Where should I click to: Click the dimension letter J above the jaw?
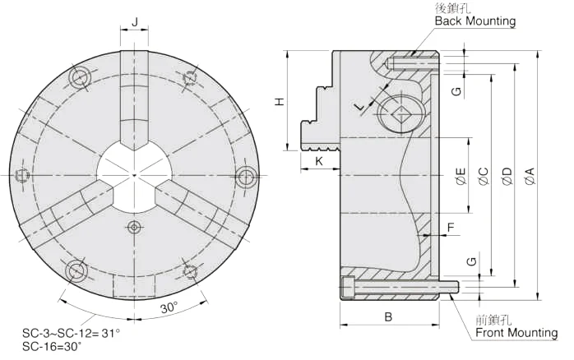tap(135, 22)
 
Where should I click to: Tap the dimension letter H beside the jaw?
tap(280, 102)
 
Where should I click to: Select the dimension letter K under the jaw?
tap(319, 161)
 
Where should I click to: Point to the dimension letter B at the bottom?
tap(388, 316)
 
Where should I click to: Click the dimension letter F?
tap(451, 228)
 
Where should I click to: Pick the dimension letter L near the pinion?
tap(360, 107)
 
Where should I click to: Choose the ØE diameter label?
tap(461, 176)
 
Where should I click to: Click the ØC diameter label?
tap(484, 176)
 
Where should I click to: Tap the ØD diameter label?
tap(507, 176)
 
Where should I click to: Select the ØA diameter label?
tap(530, 176)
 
